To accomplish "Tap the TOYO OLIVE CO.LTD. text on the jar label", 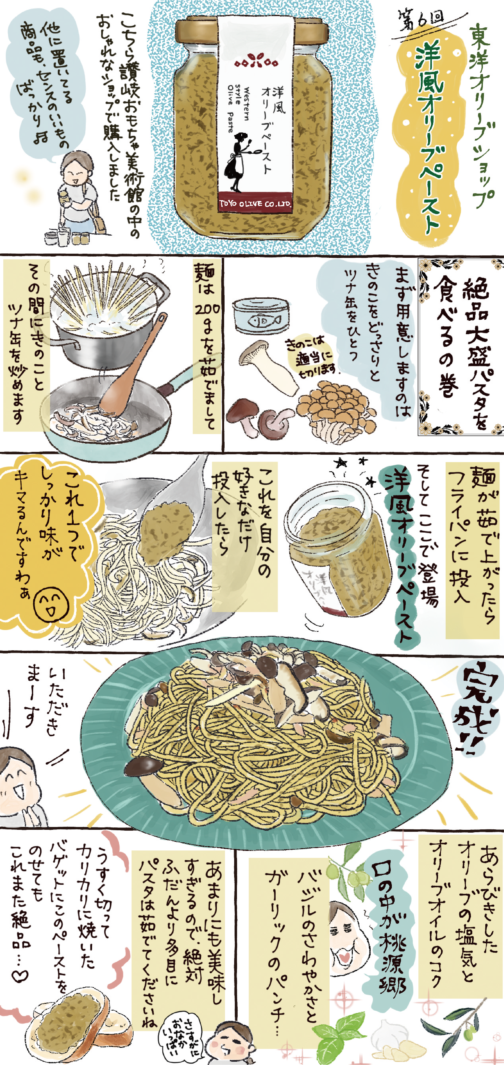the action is pyautogui.click(x=255, y=203).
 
